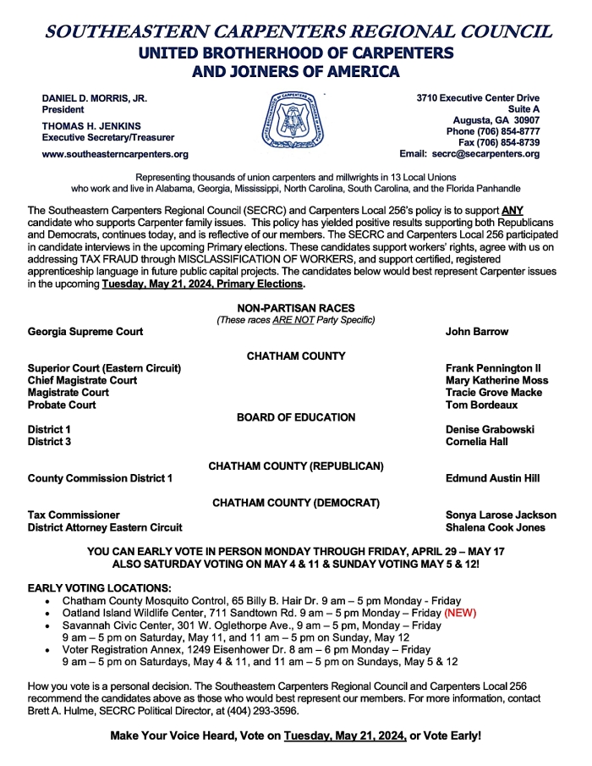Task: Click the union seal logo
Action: [x=295, y=120]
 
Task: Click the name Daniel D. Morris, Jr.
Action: [x=95, y=98]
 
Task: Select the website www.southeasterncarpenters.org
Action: [x=115, y=154]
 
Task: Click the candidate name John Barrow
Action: [x=477, y=332]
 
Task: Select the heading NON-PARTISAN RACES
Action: [x=296, y=308]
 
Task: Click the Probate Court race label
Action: [x=62, y=405]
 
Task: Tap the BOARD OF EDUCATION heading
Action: [x=296, y=417]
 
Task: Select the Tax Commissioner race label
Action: [x=74, y=515]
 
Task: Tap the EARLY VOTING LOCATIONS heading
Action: [x=99, y=587]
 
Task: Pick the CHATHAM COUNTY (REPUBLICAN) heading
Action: [x=296, y=466]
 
